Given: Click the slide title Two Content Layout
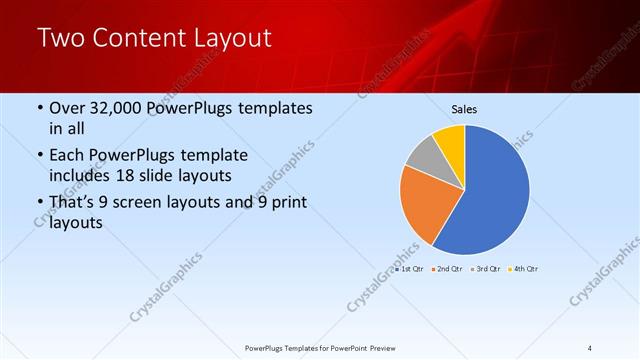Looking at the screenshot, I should [x=154, y=39].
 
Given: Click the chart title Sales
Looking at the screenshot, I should [x=464, y=108].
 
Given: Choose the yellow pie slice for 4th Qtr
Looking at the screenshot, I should [x=451, y=139].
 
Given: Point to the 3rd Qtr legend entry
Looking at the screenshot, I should [x=485, y=269].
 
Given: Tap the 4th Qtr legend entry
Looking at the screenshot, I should [x=523, y=269].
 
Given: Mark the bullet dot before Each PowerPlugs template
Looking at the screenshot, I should [x=39, y=156].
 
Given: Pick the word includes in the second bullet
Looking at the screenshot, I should [x=82, y=175].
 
